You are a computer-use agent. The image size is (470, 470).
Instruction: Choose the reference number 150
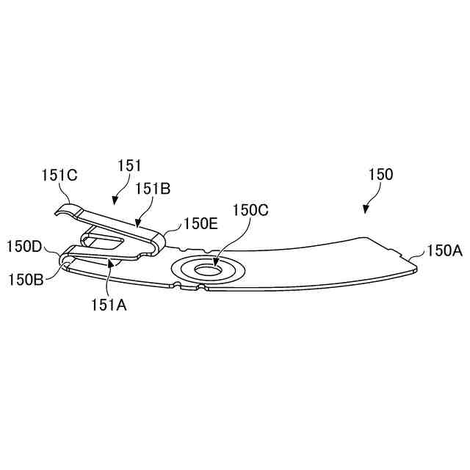point(380,175)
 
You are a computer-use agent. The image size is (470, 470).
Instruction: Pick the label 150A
point(444,251)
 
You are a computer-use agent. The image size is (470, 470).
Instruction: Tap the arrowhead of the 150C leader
point(214,262)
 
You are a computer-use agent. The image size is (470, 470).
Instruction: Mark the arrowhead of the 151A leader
point(110,260)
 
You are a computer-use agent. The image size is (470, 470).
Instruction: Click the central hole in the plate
point(209,270)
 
